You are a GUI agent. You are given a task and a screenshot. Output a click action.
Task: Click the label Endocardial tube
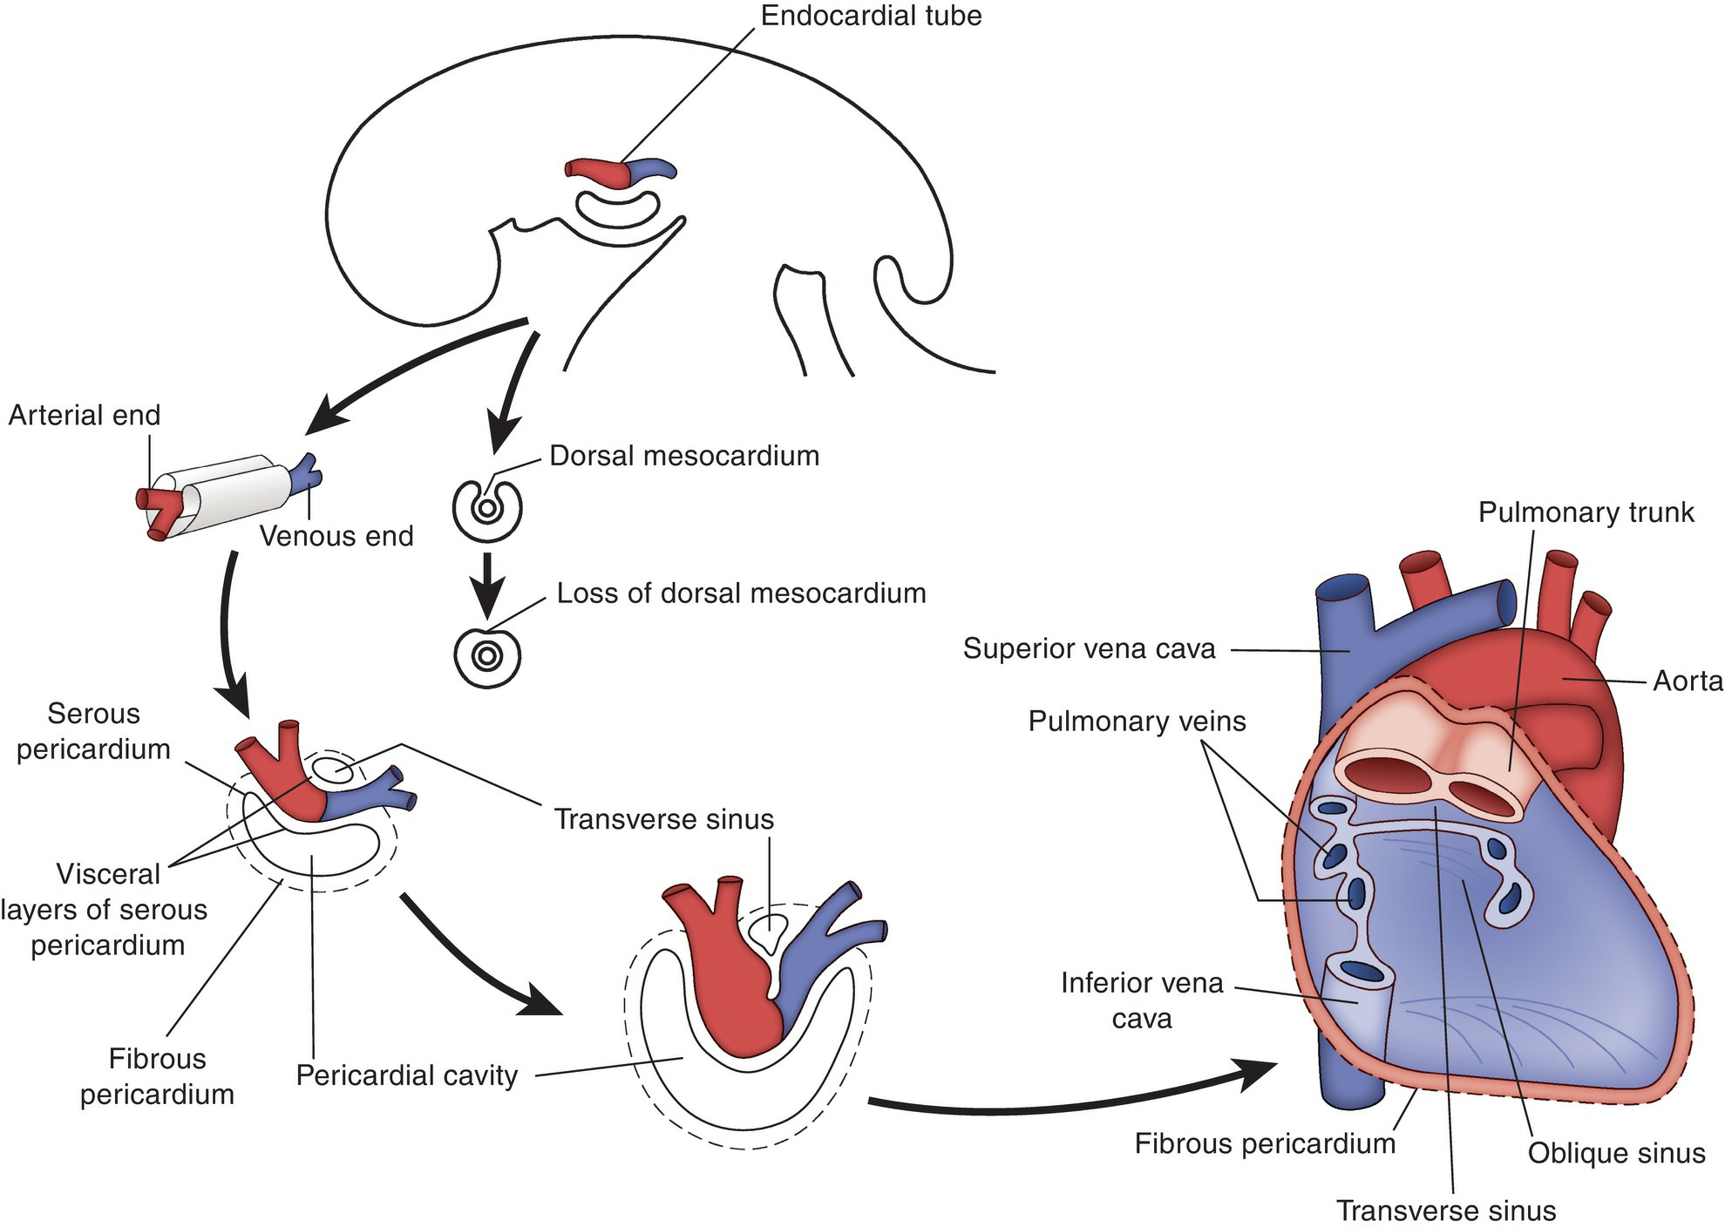[x=871, y=16]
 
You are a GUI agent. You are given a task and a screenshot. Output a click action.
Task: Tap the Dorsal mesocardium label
[x=684, y=456]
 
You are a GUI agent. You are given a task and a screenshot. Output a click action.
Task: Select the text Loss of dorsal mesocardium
[x=741, y=593]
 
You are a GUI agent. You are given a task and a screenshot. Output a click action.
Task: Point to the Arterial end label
[x=85, y=415]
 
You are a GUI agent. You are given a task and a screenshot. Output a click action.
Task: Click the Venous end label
[x=336, y=536]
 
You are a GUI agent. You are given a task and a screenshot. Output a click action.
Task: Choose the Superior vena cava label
[x=1089, y=648]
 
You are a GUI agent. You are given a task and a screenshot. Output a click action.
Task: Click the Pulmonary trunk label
[x=1586, y=512]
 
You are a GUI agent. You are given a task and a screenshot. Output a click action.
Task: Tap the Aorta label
[x=1688, y=681]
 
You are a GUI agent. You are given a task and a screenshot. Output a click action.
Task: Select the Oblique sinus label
[x=1616, y=1153]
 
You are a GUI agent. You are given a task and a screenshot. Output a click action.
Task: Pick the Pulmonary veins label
[x=1137, y=722]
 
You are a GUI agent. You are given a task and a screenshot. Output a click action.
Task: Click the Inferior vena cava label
[x=1142, y=1000]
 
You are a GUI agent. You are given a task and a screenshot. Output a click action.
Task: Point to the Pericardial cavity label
[x=407, y=1075]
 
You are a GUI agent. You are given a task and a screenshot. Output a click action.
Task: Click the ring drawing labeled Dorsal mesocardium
[x=486, y=508]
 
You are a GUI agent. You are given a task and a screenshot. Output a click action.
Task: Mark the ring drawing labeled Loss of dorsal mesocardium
[x=487, y=654]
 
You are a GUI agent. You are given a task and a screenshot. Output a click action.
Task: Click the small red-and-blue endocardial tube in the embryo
[x=620, y=171]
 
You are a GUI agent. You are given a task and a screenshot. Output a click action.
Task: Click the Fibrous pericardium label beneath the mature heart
[x=1265, y=1144]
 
